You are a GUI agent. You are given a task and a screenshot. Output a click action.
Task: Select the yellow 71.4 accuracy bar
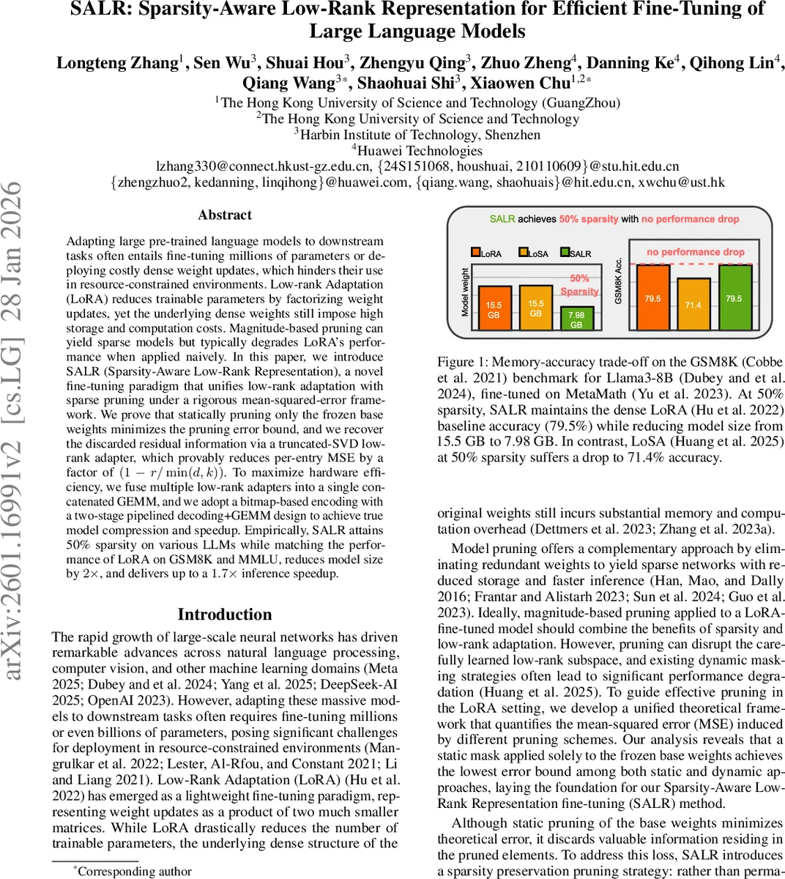point(693,304)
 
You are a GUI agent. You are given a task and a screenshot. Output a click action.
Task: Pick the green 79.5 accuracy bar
point(734,297)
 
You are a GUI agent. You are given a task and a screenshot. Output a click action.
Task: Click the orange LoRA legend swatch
point(475,253)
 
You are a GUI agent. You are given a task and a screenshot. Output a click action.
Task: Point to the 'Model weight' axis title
point(465,292)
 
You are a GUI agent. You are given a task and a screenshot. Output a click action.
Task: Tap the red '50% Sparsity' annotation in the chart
point(579,285)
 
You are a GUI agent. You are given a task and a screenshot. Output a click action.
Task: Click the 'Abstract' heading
point(225,215)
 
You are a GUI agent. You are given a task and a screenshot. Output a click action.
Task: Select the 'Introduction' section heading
point(225,615)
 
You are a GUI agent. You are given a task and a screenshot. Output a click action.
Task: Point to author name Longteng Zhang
point(117,63)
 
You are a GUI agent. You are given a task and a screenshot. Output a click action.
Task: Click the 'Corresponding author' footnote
point(134,871)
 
